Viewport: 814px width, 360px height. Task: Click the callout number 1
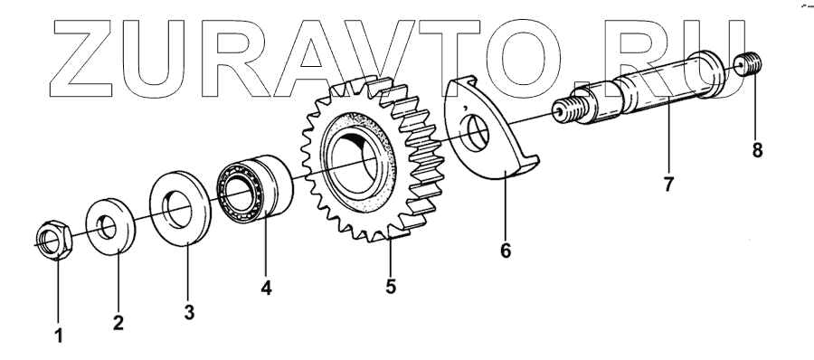(59, 336)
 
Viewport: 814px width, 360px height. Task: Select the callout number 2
(118, 323)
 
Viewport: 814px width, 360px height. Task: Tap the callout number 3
(189, 313)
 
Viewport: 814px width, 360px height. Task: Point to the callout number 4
(266, 288)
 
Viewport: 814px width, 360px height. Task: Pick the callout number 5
(391, 286)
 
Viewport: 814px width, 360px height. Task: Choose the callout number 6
(505, 251)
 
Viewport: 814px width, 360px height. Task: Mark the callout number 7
(667, 184)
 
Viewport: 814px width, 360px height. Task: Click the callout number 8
(757, 151)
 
